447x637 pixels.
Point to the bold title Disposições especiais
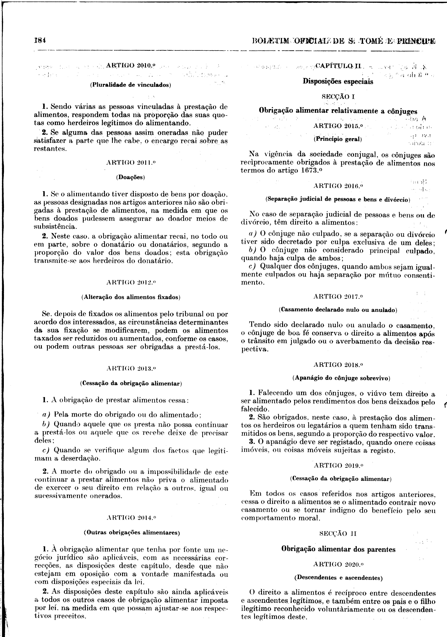[x=338, y=82]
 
